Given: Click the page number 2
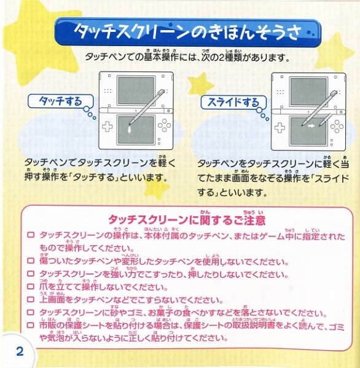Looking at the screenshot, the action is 20,351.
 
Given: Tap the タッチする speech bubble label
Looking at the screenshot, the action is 60,101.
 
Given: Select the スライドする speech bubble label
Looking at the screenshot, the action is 233,103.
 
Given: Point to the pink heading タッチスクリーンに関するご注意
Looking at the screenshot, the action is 187,220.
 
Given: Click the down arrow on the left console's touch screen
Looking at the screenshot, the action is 129,130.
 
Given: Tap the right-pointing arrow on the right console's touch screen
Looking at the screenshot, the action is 311,126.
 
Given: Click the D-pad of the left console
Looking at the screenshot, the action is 108,127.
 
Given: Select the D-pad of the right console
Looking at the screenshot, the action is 280,127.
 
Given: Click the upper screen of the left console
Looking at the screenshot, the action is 136,90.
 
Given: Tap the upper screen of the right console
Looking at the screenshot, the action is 308,92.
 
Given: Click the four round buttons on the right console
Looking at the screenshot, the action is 337,127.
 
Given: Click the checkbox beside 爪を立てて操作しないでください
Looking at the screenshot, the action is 31,286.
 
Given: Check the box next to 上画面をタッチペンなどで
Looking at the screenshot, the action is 31,299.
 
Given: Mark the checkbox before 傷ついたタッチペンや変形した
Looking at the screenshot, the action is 31,260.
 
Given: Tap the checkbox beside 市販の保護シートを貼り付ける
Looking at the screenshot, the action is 31,325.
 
